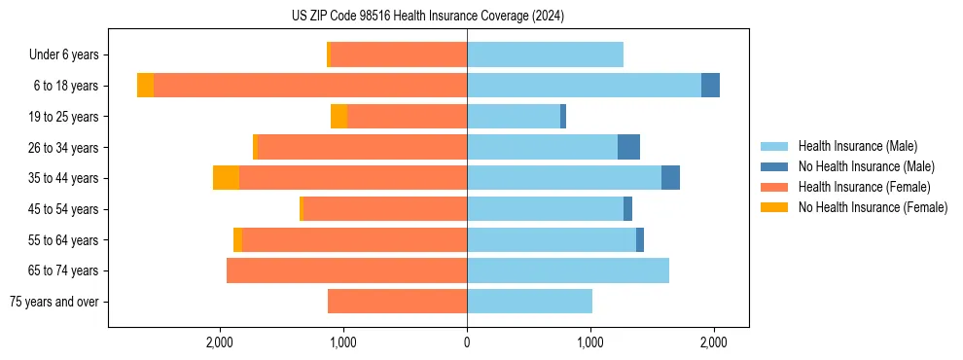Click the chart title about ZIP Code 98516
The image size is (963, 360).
coord(428,16)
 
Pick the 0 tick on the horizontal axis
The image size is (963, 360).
coord(467,342)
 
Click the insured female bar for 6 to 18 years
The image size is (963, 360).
coord(310,86)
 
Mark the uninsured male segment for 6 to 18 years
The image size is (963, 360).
coord(710,86)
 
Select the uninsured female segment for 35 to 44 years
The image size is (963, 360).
coord(226,178)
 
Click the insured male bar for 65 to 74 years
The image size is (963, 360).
coord(568,270)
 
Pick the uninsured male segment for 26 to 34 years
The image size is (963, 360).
coord(628,147)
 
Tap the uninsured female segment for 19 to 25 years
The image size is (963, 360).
coord(339,117)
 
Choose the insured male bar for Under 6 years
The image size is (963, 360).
coord(545,54)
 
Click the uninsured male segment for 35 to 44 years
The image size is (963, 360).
coord(670,178)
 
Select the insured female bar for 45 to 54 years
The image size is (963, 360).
coord(385,209)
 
